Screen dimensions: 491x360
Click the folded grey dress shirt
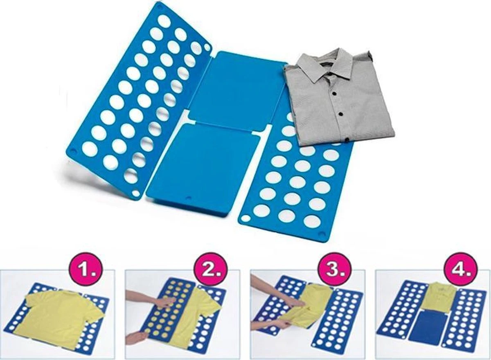(339, 98)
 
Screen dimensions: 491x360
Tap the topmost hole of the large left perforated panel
(164, 21)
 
